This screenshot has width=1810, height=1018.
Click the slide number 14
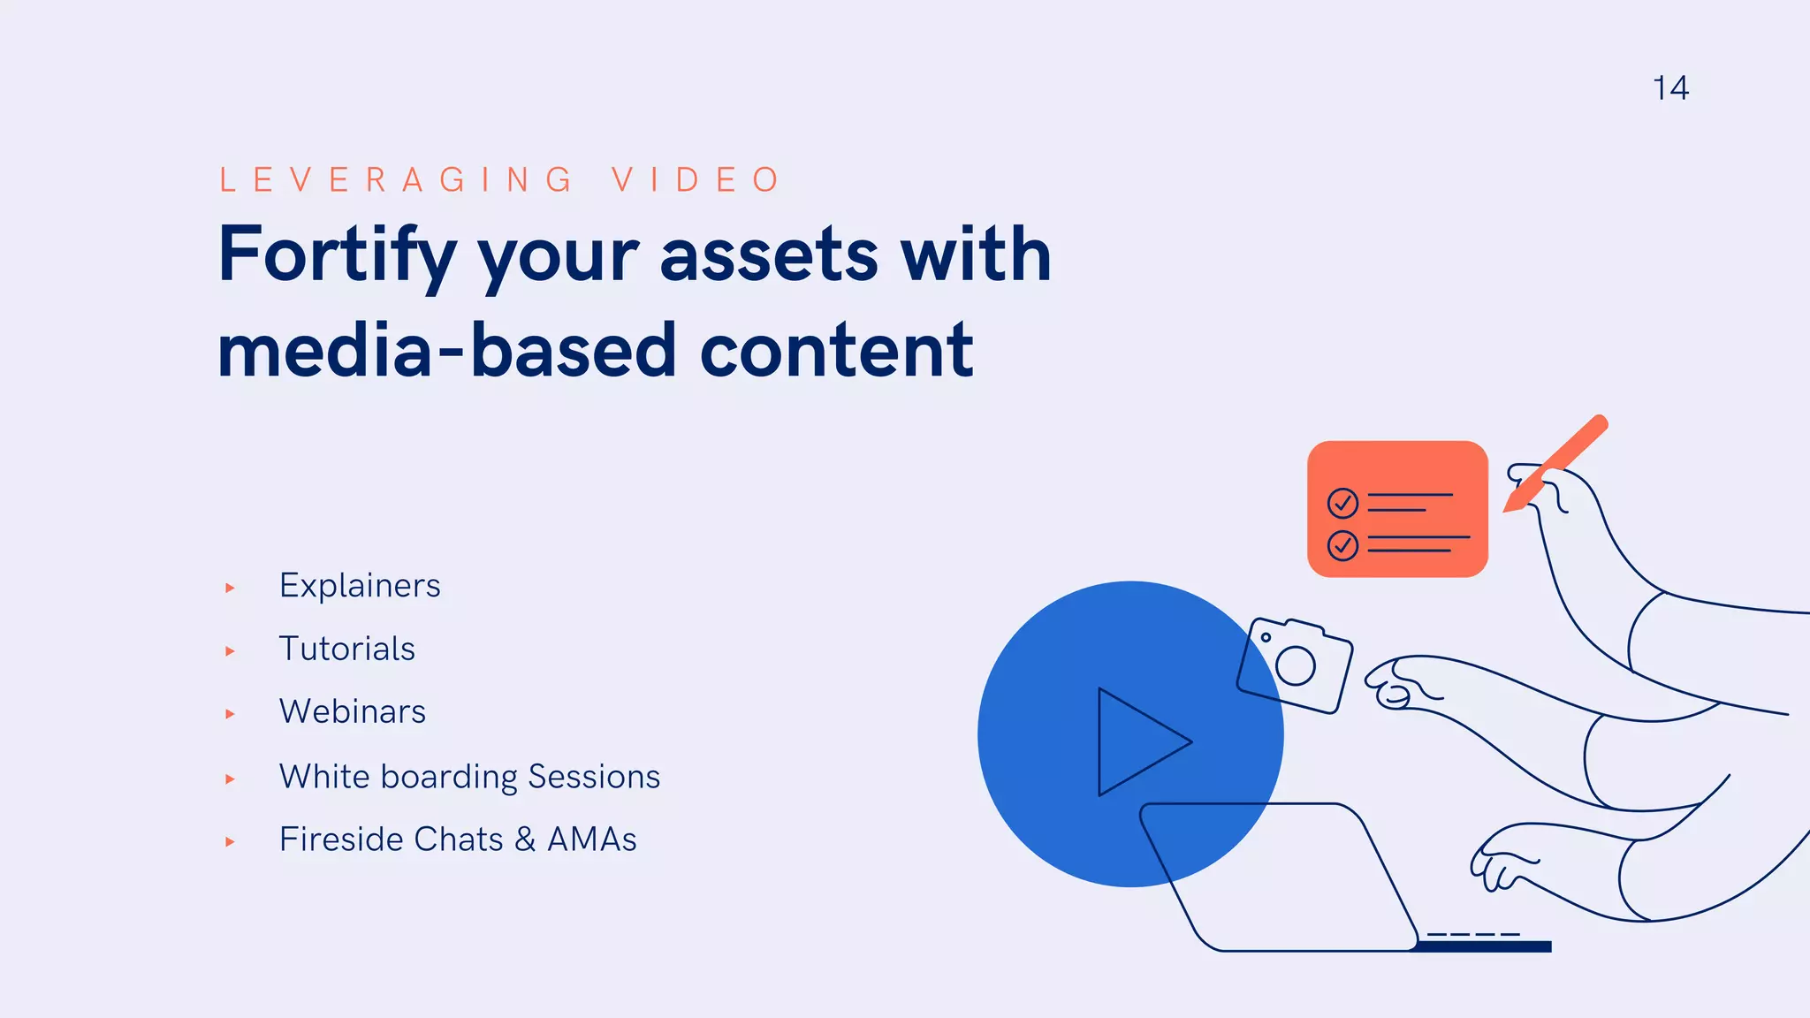click(1670, 88)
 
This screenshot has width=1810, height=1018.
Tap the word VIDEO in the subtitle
click(696, 179)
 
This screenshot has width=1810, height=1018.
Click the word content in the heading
click(836, 351)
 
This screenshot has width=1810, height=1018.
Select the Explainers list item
click(360, 586)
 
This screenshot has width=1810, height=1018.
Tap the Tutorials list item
click(346, 649)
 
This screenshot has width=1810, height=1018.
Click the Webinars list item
click(352, 711)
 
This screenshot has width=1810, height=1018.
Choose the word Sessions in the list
click(594, 777)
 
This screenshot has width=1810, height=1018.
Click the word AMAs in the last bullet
click(591, 839)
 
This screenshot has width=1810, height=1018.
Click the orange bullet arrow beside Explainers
click(230, 588)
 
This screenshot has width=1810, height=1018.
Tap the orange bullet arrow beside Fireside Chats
click(230, 842)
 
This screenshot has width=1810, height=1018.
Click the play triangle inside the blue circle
click(1136, 742)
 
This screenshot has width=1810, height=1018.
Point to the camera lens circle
click(1296, 666)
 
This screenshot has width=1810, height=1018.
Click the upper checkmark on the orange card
click(1342, 503)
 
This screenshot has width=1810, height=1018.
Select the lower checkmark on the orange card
click(1342, 545)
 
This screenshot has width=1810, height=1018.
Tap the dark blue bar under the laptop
click(1485, 947)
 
